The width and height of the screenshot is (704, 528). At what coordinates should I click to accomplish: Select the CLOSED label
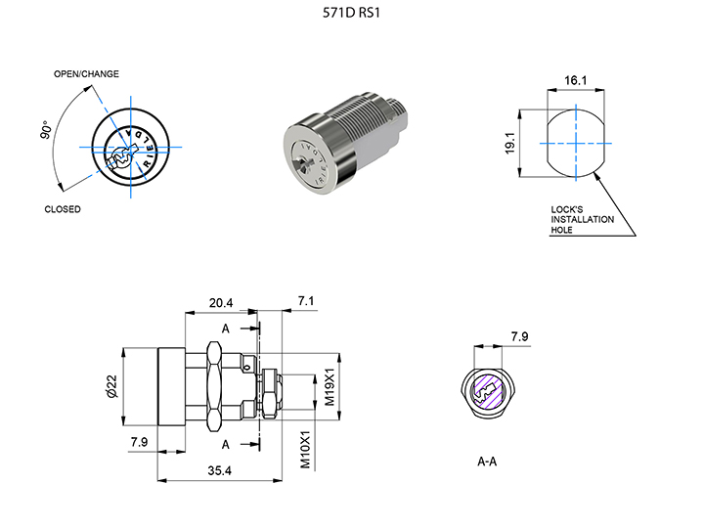pyautogui.click(x=64, y=209)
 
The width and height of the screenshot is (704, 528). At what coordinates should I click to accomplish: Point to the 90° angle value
pyautogui.click(x=47, y=132)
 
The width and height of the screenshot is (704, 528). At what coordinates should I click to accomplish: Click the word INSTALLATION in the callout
pyautogui.click(x=583, y=219)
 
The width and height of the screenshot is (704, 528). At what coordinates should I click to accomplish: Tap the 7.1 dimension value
pyautogui.click(x=307, y=301)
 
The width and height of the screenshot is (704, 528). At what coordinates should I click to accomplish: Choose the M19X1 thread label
pyautogui.click(x=330, y=387)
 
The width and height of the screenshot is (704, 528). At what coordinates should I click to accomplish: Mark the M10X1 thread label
pyautogui.click(x=305, y=449)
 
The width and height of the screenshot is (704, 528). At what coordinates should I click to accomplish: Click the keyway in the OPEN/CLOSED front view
pyautogui.click(x=123, y=153)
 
